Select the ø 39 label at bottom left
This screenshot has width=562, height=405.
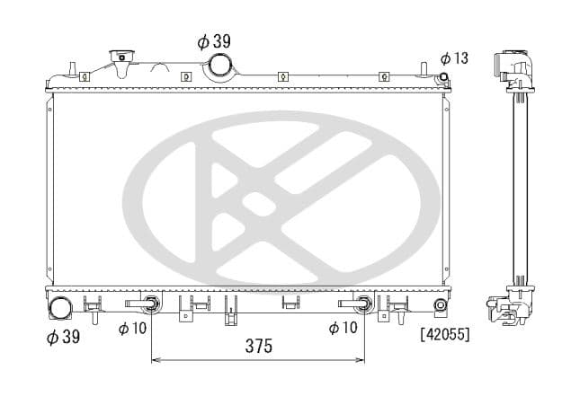point(65,337)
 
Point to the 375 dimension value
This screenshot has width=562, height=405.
point(257,346)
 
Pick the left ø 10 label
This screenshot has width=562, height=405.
point(132,329)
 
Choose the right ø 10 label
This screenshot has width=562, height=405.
point(343,329)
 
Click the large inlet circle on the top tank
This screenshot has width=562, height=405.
point(220,66)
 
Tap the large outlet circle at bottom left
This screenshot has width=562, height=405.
point(61,308)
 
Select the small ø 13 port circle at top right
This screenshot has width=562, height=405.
point(442,77)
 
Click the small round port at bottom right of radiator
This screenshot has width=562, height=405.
point(441,306)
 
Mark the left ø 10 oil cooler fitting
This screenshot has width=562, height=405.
point(151,304)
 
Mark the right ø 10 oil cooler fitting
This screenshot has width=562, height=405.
point(363,304)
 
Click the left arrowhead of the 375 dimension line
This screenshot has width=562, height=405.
point(155,360)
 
